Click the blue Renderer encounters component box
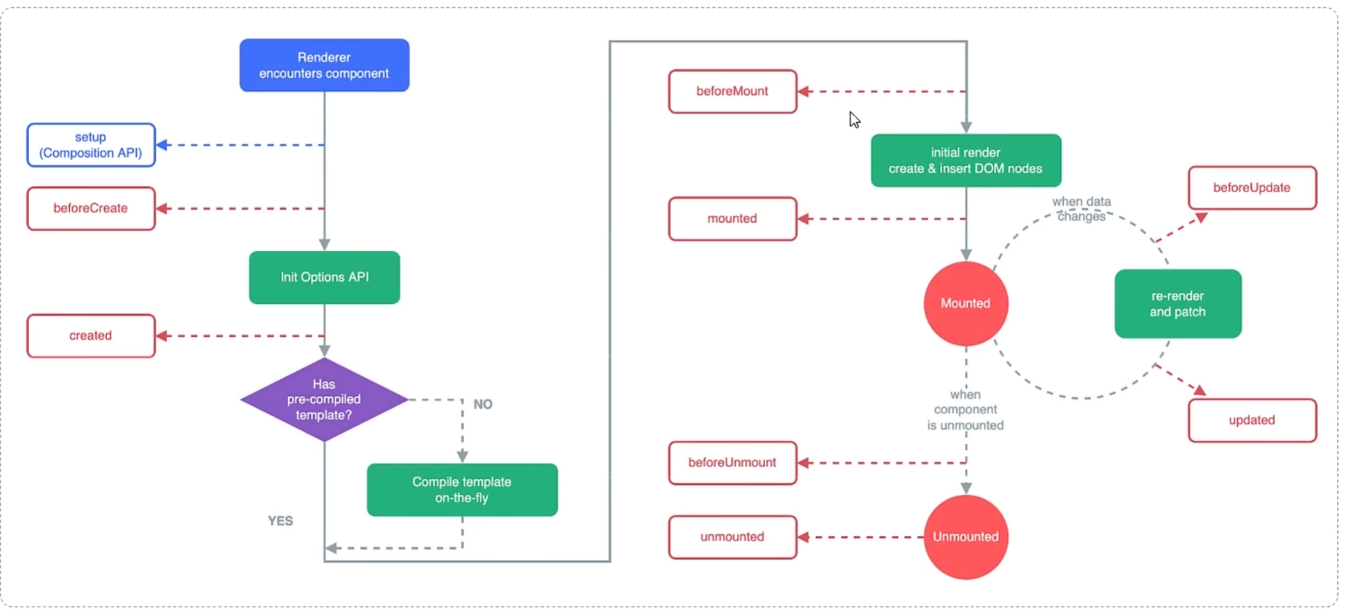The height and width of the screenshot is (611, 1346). pyautogui.click(x=325, y=65)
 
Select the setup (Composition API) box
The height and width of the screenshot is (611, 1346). pyautogui.click(x=91, y=145)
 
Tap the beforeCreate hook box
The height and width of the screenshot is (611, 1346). pyautogui.click(x=91, y=208)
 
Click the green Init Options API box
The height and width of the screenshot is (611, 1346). pyautogui.click(x=325, y=278)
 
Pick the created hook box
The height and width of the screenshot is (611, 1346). pyautogui.click(x=91, y=336)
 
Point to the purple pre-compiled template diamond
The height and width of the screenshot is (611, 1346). pyautogui.click(x=325, y=400)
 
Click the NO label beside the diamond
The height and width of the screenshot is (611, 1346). pyautogui.click(x=483, y=404)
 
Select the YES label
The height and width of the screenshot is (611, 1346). pyautogui.click(x=280, y=521)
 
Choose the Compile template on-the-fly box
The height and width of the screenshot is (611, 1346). pyautogui.click(x=462, y=490)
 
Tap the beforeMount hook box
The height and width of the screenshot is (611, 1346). pyautogui.click(x=733, y=91)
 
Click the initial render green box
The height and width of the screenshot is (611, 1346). pyautogui.click(x=966, y=161)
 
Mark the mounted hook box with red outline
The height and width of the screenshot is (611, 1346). pyautogui.click(x=733, y=219)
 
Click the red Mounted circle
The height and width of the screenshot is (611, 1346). pyautogui.click(x=966, y=304)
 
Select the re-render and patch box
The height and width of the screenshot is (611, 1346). pyautogui.click(x=1178, y=304)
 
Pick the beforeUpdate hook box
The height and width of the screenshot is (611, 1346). pyautogui.click(x=1253, y=188)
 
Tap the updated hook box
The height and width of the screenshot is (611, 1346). pyautogui.click(x=1253, y=421)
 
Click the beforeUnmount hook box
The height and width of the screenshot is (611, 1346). pyautogui.click(x=733, y=463)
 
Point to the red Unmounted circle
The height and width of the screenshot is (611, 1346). pyautogui.click(x=966, y=537)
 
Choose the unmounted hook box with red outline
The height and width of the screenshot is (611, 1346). pyautogui.click(x=733, y=537)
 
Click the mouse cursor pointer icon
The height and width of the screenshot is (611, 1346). pyautogui.click(x=854, y=120)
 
